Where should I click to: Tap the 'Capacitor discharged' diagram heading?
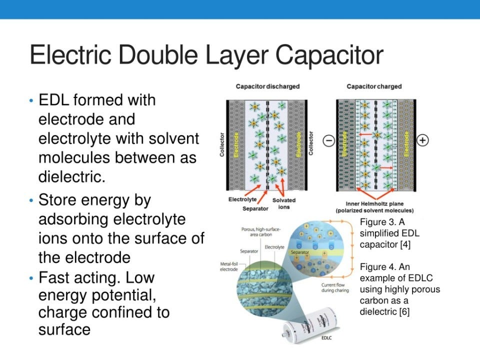[267, 86]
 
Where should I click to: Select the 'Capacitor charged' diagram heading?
[374, 86]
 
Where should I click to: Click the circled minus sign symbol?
[329, 141]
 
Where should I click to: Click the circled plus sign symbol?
[422, 140]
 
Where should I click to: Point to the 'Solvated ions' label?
[283, 203]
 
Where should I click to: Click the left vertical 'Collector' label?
[222, 144]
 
